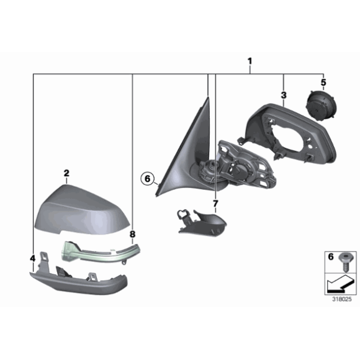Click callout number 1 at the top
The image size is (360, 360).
coord(250,61)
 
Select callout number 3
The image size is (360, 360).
coord(283,95)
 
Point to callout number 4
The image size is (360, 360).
coord(32,257)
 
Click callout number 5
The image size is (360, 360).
coord(323,82)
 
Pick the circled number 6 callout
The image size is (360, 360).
coord(146,179)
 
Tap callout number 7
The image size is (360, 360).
coord(215,204)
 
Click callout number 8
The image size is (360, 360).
coord(132,234)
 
